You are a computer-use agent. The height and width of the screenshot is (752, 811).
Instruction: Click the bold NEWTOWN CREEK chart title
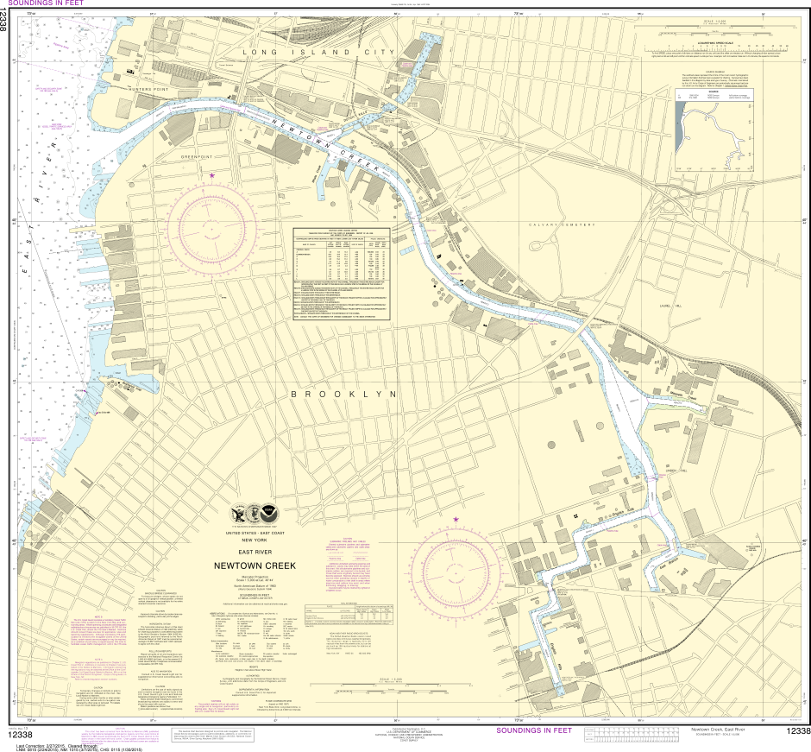[255, 566]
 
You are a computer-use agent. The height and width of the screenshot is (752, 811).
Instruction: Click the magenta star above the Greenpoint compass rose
[211, 175]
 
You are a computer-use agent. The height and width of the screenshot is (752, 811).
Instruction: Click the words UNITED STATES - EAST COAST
[255, 533]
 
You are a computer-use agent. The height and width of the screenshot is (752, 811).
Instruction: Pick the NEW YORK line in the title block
[255, 540]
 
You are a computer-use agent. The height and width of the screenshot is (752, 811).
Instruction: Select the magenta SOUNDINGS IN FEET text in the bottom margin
[534, 730]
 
